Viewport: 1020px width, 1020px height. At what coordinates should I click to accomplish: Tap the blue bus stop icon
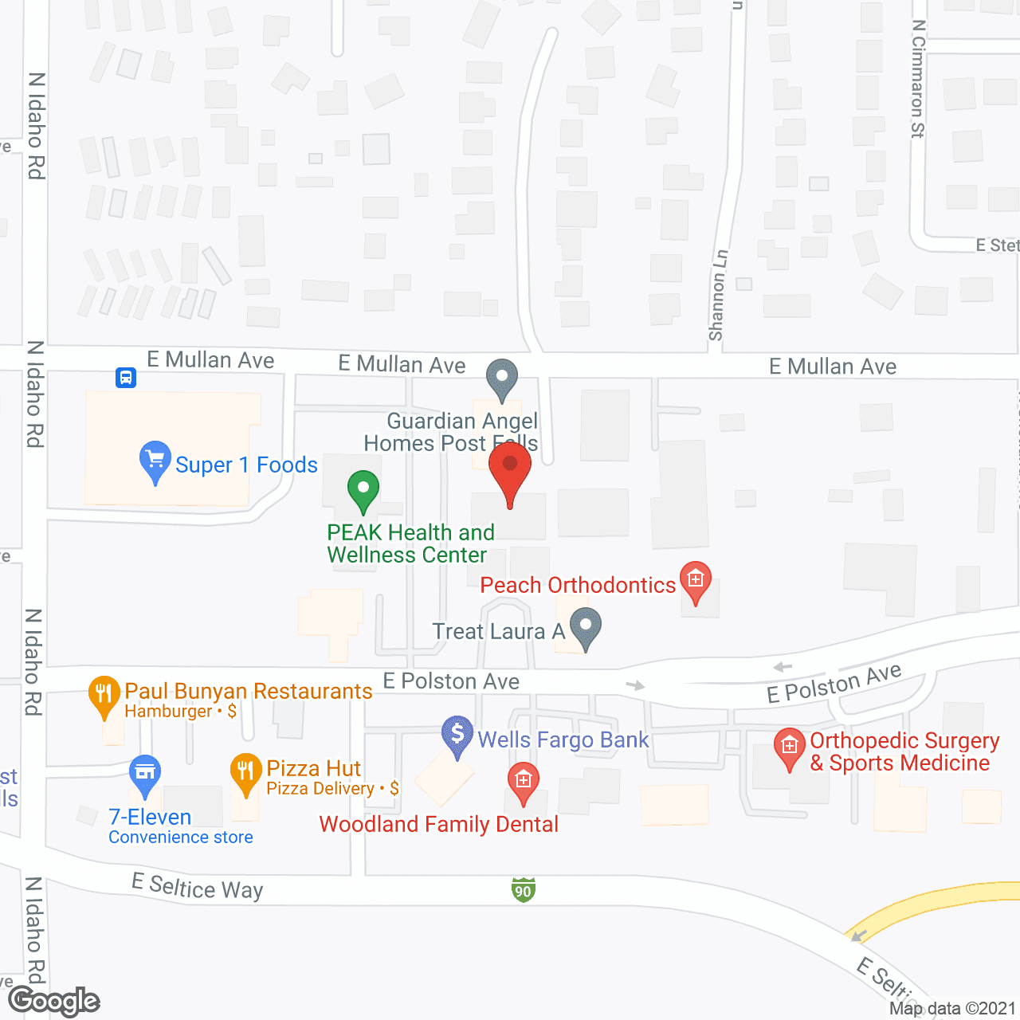click(126, 377)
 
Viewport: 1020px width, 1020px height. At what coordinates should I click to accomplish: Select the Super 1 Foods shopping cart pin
click(155, 461)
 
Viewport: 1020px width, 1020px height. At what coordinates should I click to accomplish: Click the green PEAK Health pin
click(363, 490)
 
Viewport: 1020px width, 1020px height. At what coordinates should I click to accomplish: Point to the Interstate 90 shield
click(523, 890)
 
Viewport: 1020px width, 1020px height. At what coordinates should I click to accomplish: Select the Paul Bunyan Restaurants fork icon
click(104, 695)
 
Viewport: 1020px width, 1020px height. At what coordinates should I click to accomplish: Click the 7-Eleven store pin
click(145, 775)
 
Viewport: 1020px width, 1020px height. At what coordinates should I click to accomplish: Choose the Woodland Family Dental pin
click(524, 782)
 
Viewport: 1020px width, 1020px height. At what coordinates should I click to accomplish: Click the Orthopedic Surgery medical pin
click(790, 747)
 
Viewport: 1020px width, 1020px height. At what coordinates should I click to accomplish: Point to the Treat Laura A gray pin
click(586, 627)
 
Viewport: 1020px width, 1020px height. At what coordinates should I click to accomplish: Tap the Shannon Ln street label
click(718, 296)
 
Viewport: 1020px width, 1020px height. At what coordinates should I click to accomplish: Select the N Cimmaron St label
click(918, 79)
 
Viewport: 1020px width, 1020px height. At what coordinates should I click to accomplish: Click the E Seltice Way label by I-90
click(198, 886)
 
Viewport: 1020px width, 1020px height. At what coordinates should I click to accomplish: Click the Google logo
click(54, 1001)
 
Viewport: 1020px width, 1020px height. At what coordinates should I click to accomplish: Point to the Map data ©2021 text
click(953, 1008)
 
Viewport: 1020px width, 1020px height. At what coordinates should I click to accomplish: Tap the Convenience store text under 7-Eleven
click(181, 837)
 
